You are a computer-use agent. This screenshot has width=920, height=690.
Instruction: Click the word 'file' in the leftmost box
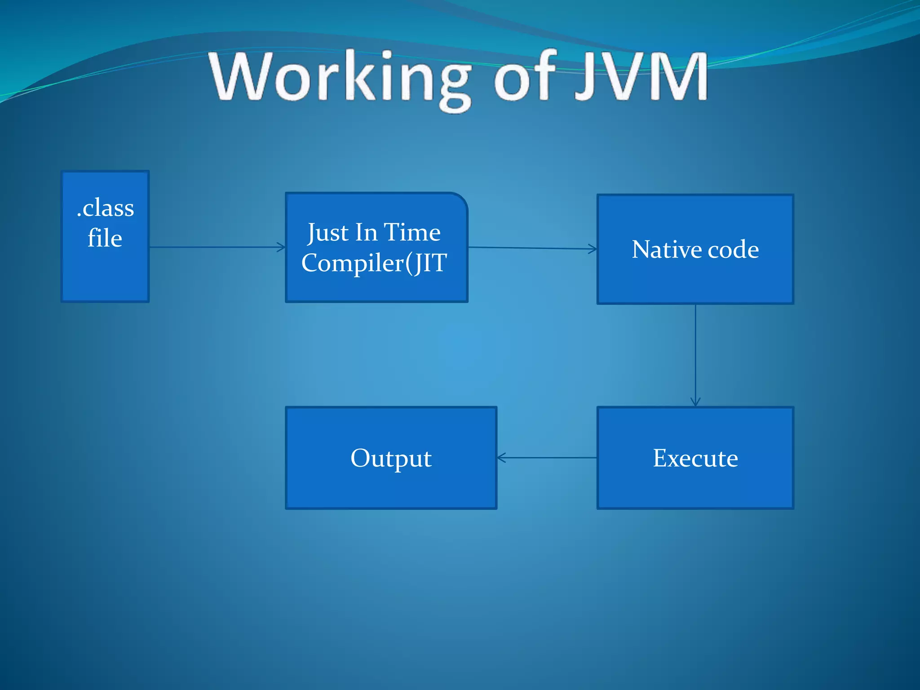tap(105, 238)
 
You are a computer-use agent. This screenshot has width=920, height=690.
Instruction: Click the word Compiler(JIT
tap(374, 263)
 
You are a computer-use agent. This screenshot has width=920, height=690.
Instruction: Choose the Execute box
tap(695, 485)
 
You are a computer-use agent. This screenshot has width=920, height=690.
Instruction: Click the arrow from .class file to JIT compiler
tap(216, 247)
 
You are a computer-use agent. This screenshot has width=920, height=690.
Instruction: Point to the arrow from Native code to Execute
tap(695, 355)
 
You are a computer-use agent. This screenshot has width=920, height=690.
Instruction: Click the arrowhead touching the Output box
tap(501, 458)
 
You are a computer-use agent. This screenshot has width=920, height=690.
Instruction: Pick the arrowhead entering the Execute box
tap(695, 402)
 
